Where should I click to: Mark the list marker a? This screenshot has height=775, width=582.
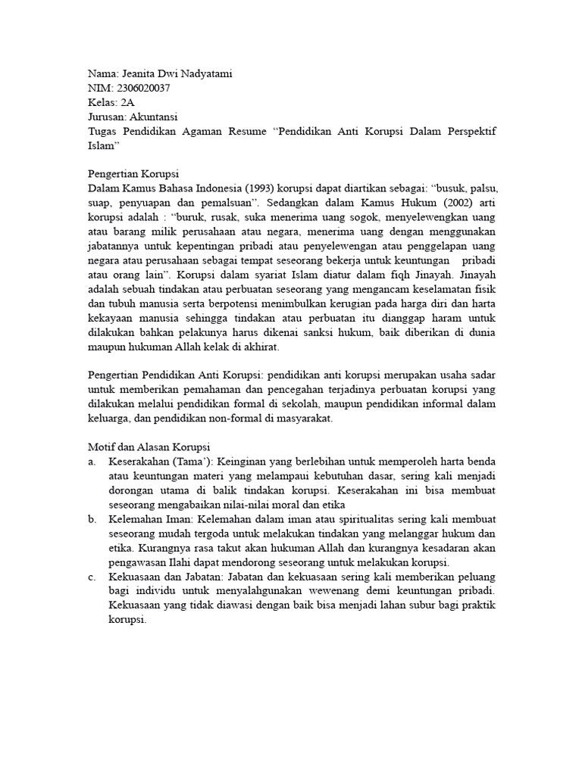(x=92, y=462)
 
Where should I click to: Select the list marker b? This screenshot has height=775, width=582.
(x=92, y=519)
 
